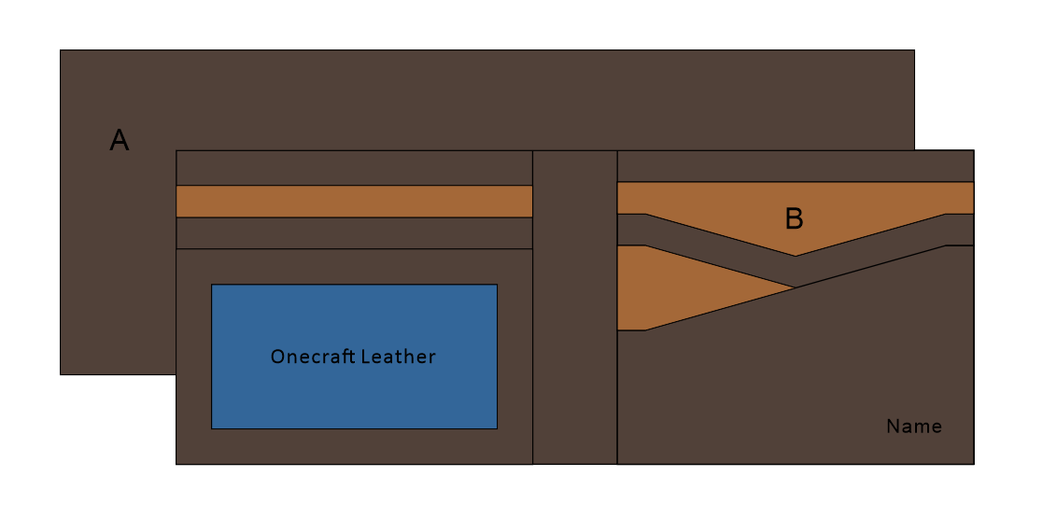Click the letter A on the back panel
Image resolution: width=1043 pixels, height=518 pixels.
(119, 141)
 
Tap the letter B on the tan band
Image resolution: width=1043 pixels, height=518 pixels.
(794, 219)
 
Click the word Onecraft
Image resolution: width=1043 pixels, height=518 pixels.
(311, 357)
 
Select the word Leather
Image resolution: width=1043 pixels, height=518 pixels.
(398, 357)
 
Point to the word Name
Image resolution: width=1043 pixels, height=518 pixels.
(913, 427)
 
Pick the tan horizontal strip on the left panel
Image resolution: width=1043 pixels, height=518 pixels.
(354, 202)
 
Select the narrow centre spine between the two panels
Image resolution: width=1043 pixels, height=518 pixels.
(574, 307)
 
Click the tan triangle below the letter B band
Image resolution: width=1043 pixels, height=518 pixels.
(672, 285)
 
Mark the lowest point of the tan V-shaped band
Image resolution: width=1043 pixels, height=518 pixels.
(796, 255)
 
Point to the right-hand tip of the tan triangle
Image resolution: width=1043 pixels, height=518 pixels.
(795, 287)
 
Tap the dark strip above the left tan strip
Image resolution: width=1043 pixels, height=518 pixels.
(354, 168)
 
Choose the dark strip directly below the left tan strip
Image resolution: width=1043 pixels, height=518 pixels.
(354, 232)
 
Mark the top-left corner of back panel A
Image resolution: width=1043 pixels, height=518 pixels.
(61, 50)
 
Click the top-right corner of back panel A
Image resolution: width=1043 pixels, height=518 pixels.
(914, 50)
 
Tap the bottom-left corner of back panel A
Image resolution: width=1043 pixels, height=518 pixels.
(61, 374)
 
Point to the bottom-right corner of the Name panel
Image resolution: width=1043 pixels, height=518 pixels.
(974, 464)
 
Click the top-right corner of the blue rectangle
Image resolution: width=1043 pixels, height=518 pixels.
(497, 285)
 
